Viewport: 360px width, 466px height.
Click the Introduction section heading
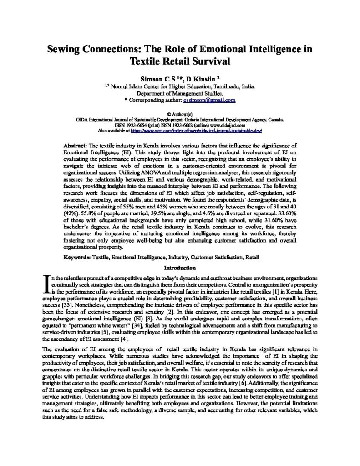[179, 268]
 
